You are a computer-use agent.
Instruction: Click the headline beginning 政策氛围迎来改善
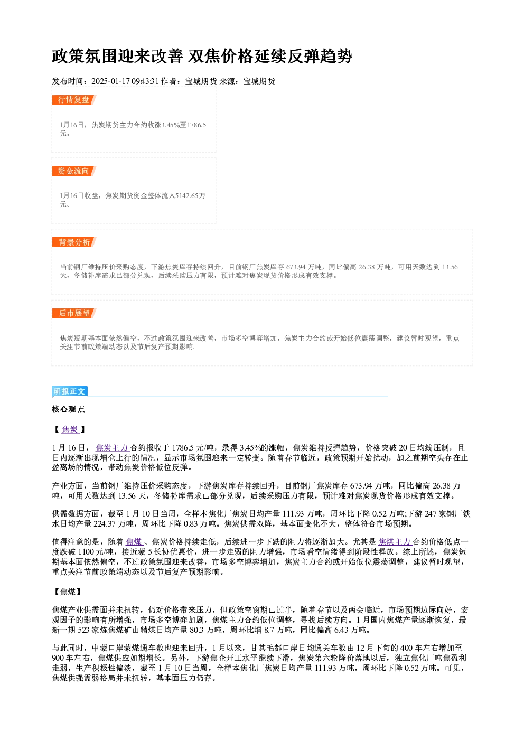pyautogui.click(x=202, y=56)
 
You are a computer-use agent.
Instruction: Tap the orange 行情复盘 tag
pyautogui.click(x=74, y=100)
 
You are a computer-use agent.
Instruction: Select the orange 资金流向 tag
pyautogui.click(x=74, y=171)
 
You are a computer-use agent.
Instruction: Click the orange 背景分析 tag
pyautogui.click(x=74, y=242)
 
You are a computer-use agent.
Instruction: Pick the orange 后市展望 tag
pyautogui.click(x=74, y=313)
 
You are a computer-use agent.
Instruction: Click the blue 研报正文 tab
pyautogui.click(x=70, y=391)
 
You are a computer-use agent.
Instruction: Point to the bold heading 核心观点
pyautogui.click(x=68, y=409)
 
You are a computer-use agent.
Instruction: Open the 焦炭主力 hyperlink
pyautogui.click(x=112, y=448)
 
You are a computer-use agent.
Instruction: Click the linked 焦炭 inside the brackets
pyautogui.click(x=70, y=429)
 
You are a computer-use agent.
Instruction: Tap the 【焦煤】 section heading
pyautogui.click(x=68, y=592)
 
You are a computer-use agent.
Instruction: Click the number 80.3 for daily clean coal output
pyautogui.click(x=197, y=630)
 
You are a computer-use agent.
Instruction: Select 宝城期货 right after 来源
pyautogui.click(x=259, y=81)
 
